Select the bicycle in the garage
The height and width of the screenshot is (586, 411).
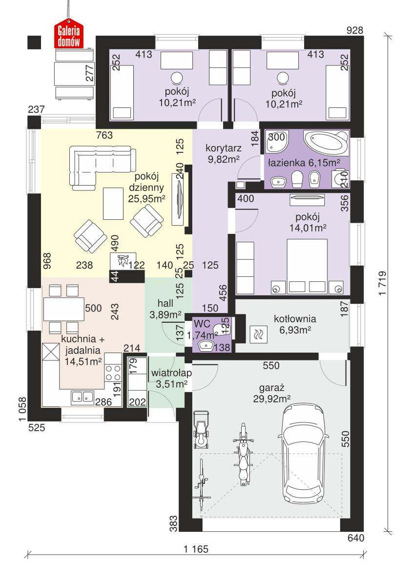pos(203,481)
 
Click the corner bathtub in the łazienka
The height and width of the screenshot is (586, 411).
pos(326,142)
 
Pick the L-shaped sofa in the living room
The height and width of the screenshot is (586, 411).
pos(98,164)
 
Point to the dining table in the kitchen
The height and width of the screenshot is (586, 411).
pos(63,309)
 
